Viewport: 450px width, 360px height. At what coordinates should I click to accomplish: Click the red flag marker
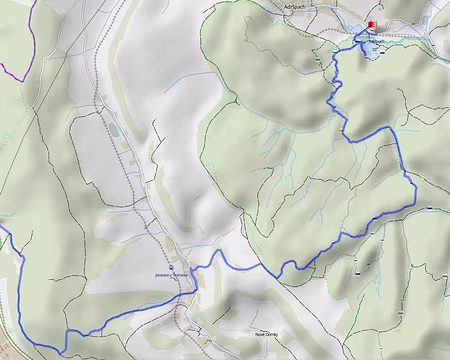click(372, 27)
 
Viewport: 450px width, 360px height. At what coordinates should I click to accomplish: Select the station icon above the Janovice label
click(172, 267)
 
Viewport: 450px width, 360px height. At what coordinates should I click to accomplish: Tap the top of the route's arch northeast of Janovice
click(220, 252)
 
